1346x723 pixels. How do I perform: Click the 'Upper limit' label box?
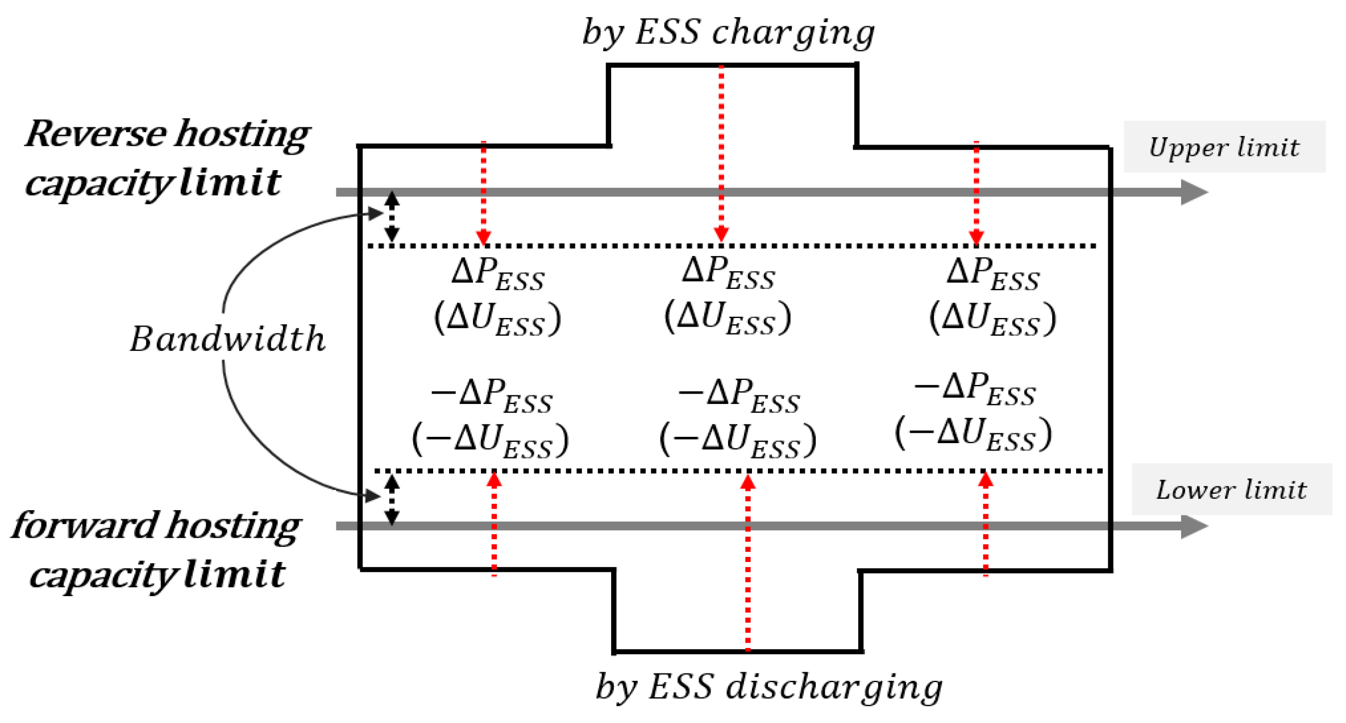click(x=1224, y=147)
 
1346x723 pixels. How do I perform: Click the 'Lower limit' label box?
click(x=1231, y=490)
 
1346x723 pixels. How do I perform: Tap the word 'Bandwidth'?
click(x=227, y=340)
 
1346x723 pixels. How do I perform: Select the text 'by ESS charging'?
click(x=728, y=32)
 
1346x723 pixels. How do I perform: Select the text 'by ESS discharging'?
click(x=768, y=687)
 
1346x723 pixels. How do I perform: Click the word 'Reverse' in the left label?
click(x=95, y=134)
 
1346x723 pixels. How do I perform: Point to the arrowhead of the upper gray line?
click(x=1194, y=192)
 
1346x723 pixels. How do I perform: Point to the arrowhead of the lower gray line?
click(x=1194, y=526)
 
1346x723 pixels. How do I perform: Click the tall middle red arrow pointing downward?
click(x=721, y=154)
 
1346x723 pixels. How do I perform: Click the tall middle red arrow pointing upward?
click(x=748, y=563)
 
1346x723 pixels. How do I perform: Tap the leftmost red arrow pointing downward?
click(x=483, y=193)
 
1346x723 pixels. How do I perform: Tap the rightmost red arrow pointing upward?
click(x=986, y=523)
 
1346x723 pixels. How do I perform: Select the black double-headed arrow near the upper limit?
click(x=392, y=217)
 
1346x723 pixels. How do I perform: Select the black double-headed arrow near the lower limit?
click(x=392, y=500)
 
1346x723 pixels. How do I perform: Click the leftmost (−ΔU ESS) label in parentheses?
click(x=490, y=440)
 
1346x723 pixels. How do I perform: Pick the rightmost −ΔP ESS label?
click(x=974, y=389)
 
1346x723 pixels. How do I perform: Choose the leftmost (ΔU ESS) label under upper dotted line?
click(x=497, y=318)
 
